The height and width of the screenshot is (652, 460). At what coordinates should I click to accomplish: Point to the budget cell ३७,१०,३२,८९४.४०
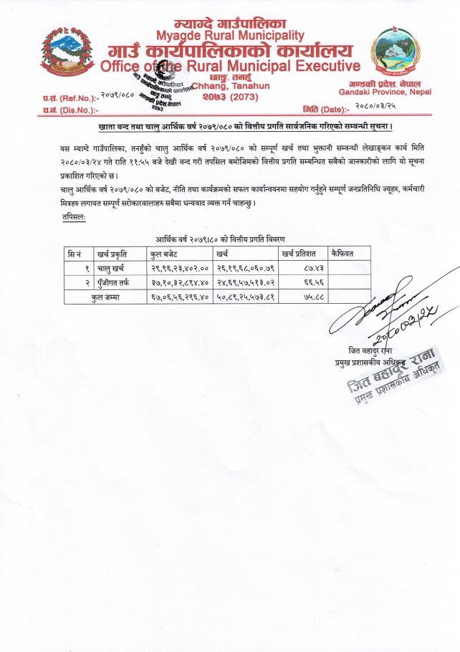179,282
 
